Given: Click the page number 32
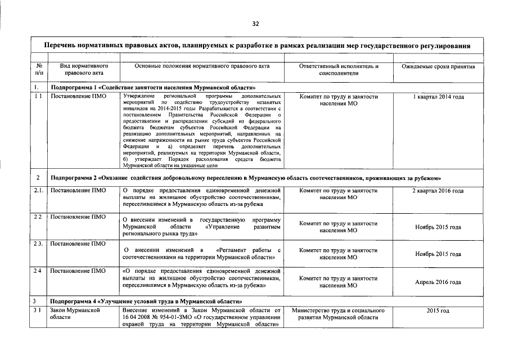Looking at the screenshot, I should click(255, 24).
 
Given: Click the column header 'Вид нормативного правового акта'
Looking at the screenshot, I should click(84, 70).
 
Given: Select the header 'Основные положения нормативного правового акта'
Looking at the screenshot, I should click(202, 66).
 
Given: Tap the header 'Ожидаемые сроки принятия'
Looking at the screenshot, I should click(438, 66).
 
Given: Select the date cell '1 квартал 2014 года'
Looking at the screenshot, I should click(438, 97).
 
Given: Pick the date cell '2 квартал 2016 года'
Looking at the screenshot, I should click(438, 191).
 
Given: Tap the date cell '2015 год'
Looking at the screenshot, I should click(438, 310).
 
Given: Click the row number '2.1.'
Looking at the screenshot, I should click(38, 191).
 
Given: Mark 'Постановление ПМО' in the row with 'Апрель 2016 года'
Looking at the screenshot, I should click(78, 271).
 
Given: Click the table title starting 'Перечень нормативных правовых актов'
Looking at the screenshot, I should click(256, 45).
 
